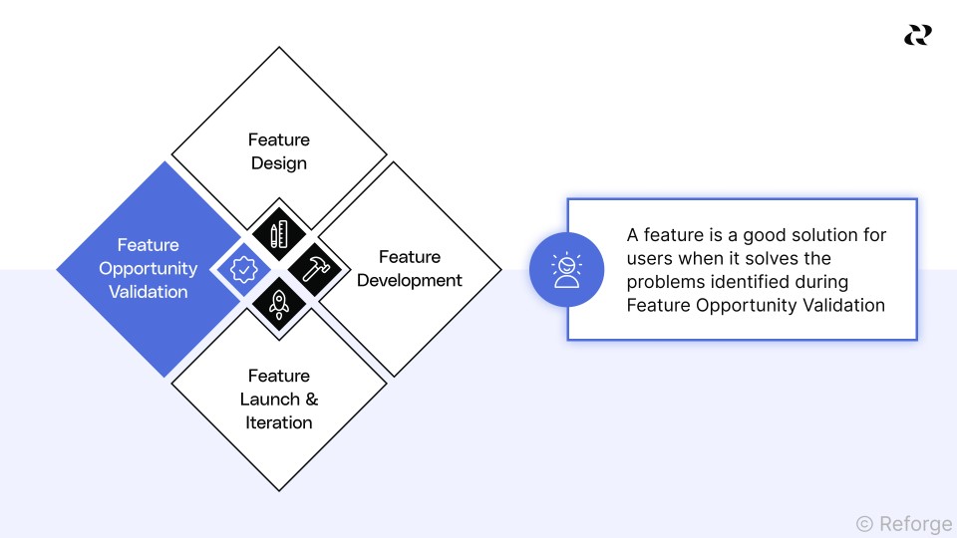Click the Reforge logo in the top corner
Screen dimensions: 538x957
(x=917, y=35)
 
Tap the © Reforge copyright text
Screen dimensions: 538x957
(x=904, y=523)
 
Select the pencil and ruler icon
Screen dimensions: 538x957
(x=279, y=234)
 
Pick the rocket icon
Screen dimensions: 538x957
(x=279, y=302)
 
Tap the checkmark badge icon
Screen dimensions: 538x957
(x=243, y=269)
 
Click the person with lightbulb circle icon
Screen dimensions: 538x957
(x=566, y=269)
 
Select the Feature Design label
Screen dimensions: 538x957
(x=279, y=151)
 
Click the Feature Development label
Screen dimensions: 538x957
(x=410, y=269)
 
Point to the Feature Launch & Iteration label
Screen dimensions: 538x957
(x=279, y=400)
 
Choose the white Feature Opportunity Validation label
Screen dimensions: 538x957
(x=149, y=269)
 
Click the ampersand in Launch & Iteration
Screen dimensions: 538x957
(x=312, y=400)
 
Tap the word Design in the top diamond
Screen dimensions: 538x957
(x=279, y=163)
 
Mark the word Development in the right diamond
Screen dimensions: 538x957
(x=410, y=281)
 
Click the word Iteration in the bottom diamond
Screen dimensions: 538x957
(x=279, y=423)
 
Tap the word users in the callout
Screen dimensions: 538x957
(x=649, y=259)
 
